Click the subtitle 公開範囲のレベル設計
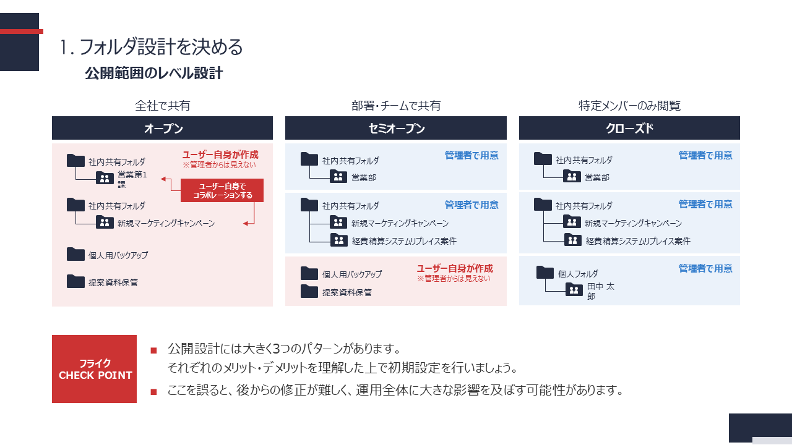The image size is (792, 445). point(153,73)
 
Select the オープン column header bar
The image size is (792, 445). point(162,128)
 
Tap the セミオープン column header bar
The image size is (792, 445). point(395,128)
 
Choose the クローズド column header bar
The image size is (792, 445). point(629,128)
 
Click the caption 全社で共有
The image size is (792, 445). point(162,106)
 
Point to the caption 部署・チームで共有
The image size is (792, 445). point(395,106)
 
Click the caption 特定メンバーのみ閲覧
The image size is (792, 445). point(629,106)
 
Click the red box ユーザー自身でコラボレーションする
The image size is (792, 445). point(222,190)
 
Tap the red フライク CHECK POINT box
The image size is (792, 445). point(94,369)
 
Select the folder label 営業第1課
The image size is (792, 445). point(132,179)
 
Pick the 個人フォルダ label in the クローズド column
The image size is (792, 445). point(578,273)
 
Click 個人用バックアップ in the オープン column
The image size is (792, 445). point(118,255)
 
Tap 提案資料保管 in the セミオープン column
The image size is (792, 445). point(347,292)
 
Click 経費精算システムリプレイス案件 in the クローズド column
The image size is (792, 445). point(638,241)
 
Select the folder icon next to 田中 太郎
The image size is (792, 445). point(574,289)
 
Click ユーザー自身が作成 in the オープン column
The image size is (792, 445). point(220,155)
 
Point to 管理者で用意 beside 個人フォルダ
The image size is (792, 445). point(705,268)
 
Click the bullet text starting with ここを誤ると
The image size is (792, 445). point(394,391)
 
